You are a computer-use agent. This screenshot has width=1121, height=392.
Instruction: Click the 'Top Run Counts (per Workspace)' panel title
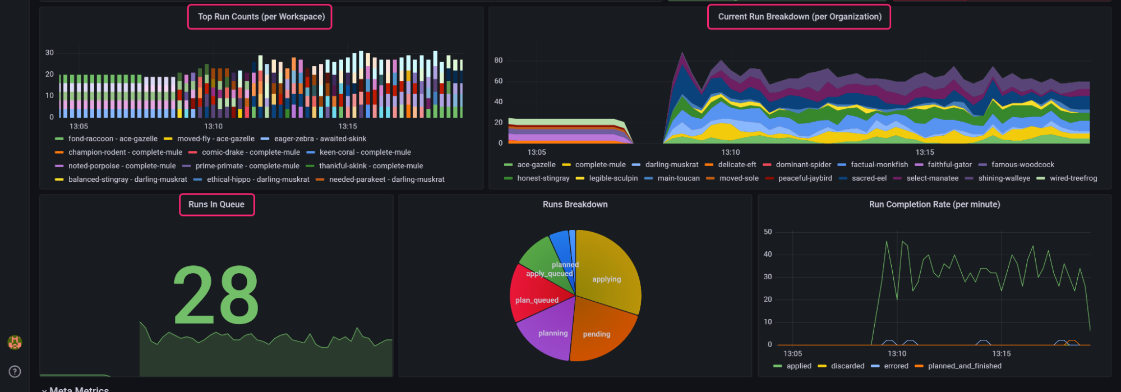261,17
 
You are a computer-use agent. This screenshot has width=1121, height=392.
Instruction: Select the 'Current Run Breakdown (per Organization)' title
800,17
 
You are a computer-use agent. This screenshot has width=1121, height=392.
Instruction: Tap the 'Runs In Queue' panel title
216,205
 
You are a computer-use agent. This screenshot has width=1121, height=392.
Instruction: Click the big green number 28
216,295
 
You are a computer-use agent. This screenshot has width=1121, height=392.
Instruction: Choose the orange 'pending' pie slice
600,331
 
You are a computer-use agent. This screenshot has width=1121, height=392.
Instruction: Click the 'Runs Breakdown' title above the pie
575,205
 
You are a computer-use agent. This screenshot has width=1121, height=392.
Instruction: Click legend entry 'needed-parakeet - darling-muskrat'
386,179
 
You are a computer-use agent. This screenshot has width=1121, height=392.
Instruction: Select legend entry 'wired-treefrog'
1073,178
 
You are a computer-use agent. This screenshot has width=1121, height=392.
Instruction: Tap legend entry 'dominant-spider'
803,165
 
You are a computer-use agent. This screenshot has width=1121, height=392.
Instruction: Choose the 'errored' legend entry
896,366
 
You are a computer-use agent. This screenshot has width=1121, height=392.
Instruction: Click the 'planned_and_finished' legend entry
964,366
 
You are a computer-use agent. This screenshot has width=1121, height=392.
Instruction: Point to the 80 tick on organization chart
498,61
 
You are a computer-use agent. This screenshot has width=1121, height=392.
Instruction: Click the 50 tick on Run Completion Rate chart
768,232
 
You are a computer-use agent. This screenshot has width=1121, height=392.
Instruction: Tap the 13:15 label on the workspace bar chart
348,127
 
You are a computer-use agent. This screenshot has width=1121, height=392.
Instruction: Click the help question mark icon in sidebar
15,371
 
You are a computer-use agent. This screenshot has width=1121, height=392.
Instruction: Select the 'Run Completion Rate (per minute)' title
934,205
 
